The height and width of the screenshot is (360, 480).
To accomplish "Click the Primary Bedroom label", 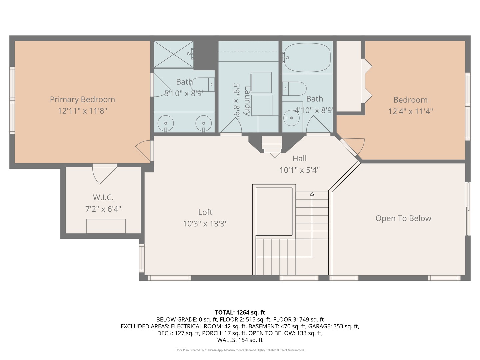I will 82,99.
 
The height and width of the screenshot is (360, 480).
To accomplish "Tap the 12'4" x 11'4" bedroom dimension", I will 410,111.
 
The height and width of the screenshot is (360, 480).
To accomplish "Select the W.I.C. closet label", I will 103,197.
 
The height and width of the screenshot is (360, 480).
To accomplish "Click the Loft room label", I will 205,212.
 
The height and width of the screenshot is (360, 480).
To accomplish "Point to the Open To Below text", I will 403,218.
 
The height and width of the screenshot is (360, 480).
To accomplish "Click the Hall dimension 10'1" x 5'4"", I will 299,170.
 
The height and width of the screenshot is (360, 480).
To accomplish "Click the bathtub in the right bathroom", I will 307,57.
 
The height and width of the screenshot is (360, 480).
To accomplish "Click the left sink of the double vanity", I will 165,123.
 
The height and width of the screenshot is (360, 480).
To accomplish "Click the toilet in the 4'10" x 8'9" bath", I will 295,89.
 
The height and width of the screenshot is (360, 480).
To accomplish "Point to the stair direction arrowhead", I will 312,193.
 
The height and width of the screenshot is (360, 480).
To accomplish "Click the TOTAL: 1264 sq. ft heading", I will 240,312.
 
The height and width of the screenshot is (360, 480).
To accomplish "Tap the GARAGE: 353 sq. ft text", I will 333,326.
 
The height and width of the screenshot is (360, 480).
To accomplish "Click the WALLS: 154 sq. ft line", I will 240,340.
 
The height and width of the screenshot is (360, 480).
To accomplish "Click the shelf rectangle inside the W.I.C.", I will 106,226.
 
